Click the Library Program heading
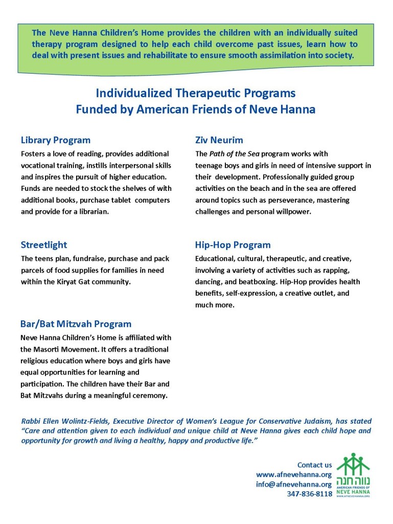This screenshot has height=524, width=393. point(56,140)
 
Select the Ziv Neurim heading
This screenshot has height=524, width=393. point(219,140)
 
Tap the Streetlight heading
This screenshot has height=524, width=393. point(44,245)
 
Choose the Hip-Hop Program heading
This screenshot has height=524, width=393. point(233,245)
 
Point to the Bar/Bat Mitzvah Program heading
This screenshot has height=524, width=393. point(76,324)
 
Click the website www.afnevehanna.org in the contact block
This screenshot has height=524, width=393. point(294,474)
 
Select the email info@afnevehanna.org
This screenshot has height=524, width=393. point(294,484)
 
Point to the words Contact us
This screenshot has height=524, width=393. point(314,465)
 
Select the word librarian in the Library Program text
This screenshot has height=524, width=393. point(93,212)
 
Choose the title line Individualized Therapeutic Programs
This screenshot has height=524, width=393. point(196,94)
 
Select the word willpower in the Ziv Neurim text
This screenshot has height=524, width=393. point(292,212)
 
